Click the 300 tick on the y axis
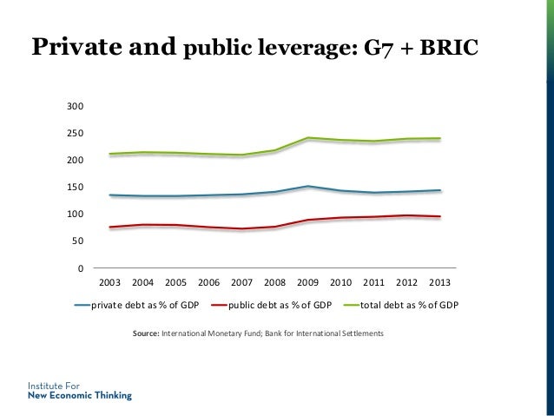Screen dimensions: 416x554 coord(76,107)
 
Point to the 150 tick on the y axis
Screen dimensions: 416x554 coord(76,188)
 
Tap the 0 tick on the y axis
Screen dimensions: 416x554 coord(80,267)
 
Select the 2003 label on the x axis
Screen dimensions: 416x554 coord(110,282)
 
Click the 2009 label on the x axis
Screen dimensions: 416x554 coord(307,282)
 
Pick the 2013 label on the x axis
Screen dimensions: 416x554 coord(439,282)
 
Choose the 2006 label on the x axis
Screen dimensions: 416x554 coord(208,282)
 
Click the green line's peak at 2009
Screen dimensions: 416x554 coord(307,138)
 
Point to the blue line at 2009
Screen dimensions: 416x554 coord(307,186)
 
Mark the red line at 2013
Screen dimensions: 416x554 coord(439,216)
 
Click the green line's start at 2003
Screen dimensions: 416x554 coord(110,154)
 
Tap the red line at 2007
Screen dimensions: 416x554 coord(241,229)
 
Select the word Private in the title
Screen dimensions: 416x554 coord(71,48)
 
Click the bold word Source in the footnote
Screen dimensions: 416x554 coord(143,333)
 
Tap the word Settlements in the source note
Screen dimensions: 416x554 coord(359,333)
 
